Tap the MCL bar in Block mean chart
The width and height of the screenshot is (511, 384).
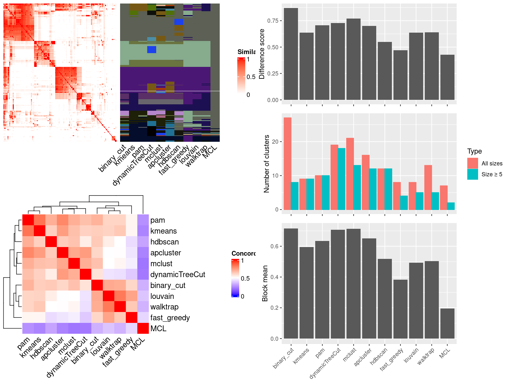447,323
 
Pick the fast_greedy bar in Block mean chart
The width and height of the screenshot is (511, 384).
400,309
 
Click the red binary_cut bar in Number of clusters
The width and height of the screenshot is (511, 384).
287,164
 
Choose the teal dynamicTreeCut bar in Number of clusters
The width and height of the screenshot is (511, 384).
341,179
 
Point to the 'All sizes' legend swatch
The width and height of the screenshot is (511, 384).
473,163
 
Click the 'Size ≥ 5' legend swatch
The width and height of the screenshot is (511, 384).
473,174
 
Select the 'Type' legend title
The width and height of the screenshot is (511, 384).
475,151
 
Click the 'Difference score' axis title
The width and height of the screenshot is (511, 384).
262,54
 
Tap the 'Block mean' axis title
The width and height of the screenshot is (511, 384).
265,283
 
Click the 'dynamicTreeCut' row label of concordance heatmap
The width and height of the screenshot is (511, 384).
178,275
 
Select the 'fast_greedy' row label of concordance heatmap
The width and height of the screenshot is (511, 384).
170,318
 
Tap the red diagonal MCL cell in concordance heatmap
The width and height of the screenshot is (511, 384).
143,328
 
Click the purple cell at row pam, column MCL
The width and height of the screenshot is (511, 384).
143,220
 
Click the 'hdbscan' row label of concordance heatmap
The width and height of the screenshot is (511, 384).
164,242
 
